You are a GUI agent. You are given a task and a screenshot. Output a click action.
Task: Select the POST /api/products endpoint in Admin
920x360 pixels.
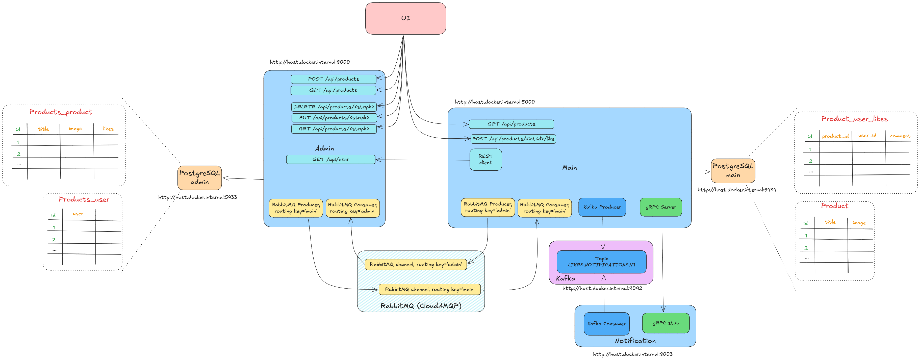tap(334, 79)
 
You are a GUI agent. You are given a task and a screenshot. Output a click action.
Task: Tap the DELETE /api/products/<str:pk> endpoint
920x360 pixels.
tap(334, 107)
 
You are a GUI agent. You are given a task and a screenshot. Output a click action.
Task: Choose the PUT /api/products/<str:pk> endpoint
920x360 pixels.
tap(334, 117)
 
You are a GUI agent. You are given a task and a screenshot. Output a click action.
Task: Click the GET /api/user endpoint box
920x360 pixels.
tap(331, 159)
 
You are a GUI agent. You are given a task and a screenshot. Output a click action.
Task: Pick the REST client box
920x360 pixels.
tap(485, 160)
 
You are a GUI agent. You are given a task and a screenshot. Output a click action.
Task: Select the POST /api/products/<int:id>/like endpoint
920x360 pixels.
tap(513, 139)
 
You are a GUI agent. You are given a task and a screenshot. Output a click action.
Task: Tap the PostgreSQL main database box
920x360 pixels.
tap(733, 171)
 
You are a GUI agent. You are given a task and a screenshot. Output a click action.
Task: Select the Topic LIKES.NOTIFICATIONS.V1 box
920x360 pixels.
tap(601, 262)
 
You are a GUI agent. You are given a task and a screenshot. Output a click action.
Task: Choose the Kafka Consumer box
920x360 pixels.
tap(606, 324)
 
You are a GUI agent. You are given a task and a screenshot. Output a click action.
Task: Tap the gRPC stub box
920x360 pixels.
tap(666, 323)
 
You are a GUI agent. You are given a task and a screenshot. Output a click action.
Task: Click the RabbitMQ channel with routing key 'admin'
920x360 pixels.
tap(416, 264)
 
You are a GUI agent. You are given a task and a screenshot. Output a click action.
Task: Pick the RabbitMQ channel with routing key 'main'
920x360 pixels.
tap(430, 289)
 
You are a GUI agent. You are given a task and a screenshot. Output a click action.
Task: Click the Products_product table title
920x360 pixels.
tap(61, 112)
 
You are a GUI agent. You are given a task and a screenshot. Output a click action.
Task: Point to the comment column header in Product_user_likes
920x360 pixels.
tap(900, 136)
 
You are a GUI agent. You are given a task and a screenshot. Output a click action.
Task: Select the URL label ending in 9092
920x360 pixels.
tap(602, 288)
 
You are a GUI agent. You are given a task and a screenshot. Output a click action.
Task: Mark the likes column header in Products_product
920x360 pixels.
tap(108, 128)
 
